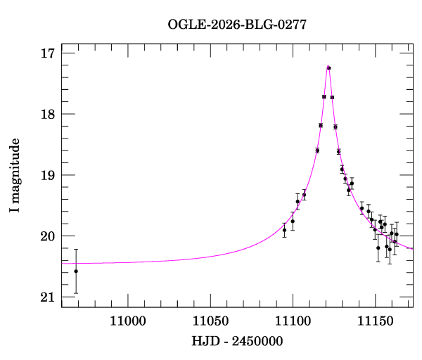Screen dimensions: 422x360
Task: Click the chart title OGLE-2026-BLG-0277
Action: (x=237, y=25)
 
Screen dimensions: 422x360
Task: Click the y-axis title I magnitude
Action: (x=15, y=175)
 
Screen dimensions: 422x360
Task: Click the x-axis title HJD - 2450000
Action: (x=237, y=341)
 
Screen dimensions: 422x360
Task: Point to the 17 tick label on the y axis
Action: (x=48, y=53)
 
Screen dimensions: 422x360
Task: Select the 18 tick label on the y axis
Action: (x=48, y=114)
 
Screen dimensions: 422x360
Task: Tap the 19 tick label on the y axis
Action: (x=48, y=175)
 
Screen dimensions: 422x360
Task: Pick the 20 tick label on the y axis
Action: (x=48, y=236)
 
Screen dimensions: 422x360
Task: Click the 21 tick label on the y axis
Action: (x=48, y=297)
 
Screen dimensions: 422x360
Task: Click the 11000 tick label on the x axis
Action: (x=128, y=321)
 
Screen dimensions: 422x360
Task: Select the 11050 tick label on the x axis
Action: (x=210, y=321)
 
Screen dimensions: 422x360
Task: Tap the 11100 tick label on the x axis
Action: (x=293, y=321)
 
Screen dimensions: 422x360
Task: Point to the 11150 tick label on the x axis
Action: (x=375, y=321)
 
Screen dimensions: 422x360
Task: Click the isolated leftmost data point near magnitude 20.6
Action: (x=76, y=271)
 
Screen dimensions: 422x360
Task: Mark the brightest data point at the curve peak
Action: (x=329, y=68)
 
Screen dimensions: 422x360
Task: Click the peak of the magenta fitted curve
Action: (x=328, y=65)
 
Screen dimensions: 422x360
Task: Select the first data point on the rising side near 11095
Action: (x=284, y=230)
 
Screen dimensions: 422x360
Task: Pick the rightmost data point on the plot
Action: (x=397, y=234)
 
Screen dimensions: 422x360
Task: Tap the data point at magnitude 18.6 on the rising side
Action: (x=317, y=150)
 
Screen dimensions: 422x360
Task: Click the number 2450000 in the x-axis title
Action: (x=257, y=341)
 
